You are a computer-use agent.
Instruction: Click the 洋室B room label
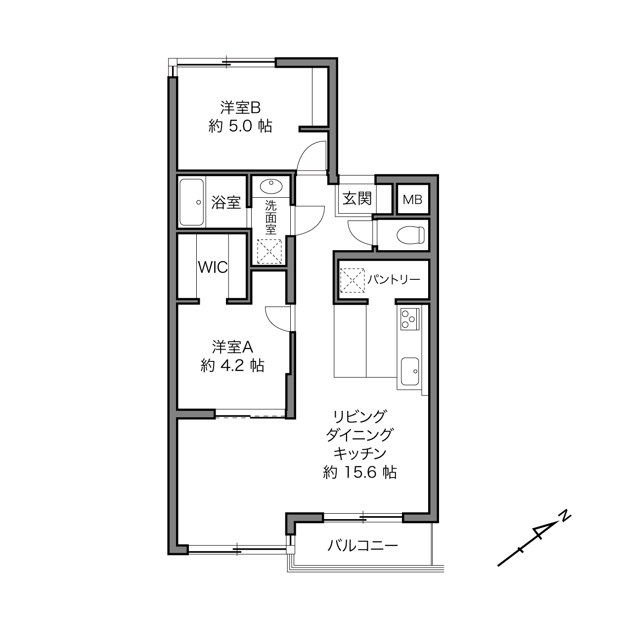pyautogui.click(x=240, y=108)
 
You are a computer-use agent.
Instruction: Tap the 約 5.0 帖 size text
pyautogui.click(x=240, y=126)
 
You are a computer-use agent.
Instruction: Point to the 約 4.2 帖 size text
pyautogui.click(x=232, y=365)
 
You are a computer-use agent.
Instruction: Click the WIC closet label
pyautogui.click(x=213, y=267)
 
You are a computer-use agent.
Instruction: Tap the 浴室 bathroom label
pyautogui.click(x=226, y=203)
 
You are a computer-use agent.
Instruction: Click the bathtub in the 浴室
pyautogui.click(x=191, y=202)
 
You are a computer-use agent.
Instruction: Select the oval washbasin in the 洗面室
pyautogui.click(x=271, y=186)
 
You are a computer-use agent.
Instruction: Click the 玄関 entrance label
pyautogui.click(x=357, y=198)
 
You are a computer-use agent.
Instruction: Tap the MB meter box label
pyautogui.click(x=412, y=200)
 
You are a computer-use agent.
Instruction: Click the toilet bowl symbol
pyautogui.click(x=410, y=235)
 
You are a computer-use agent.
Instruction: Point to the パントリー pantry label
pyautogui.click(x=394, y=279)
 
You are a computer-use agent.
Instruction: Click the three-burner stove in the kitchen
pyautogui.click(x=409, y=319)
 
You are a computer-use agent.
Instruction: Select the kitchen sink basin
pyautogui.click(x=410, y=372)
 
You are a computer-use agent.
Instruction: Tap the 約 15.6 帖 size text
pyautogui.click(x=359, y=472)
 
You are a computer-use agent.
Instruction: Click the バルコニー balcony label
pyautogui.click(x=363, y=546)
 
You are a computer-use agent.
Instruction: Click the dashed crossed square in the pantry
pyautogui.click(x=353, y=280)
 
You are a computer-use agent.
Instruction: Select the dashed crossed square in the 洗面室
pyautogui.click(x=270, y=252)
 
